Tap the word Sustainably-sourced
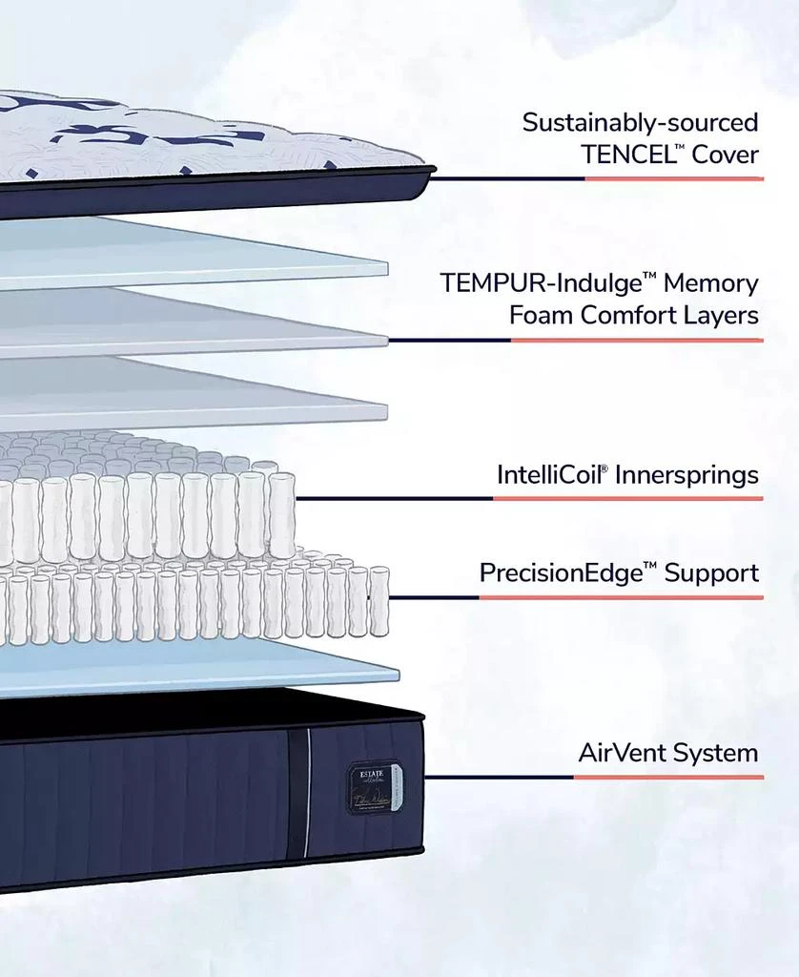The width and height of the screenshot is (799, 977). point(640,122)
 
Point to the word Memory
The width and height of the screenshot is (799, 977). point(711,283)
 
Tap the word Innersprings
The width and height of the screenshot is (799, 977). point(687,474)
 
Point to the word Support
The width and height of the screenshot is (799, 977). point(711,572)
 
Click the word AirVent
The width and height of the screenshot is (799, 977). point(622,753)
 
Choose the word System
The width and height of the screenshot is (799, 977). point(716,753)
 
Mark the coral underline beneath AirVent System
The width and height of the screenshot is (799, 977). point(667,778)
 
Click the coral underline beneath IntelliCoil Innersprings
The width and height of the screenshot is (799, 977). point(627,498)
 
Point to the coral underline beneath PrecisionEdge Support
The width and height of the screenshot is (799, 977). point(620,598)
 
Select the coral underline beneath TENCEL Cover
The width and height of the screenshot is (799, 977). point(673,178)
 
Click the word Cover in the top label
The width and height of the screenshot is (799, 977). point(725,155)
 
